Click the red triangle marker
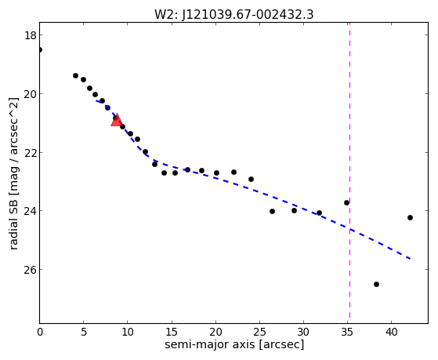click(x=117, y=120)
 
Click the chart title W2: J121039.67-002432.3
click(x=233, y=14)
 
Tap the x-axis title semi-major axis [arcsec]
click(x=234, y=344)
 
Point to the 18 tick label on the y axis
click(x=30, y=35)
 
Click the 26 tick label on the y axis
click(x=30, y=270)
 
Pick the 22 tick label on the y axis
click(x=30, y=153)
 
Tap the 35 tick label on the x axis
click(x=347, y=333)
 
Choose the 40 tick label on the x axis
click(x=391, y=333)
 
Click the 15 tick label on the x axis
click(x=172, y=333)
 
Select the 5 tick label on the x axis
click(x=84, y=333)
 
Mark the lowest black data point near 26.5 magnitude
click(x=376, y=284)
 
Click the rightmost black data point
click(x=410, y=217)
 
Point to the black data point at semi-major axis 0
click(x=40, y=49)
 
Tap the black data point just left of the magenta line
click(x=346, y=202)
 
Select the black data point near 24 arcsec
click(x=251, y=179)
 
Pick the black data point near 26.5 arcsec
click(x=272, y=211)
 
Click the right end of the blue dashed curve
click(x=410, y=259)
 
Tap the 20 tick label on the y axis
click(x=30, y=94)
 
